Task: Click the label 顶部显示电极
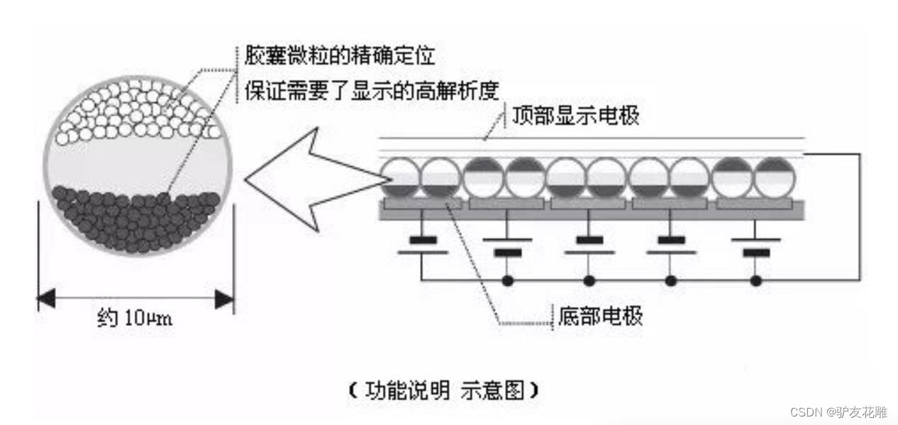click(575, 116)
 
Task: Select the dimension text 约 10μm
click(134, 317)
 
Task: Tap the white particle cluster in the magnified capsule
click(138, 110)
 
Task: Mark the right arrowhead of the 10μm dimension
click(225, 299)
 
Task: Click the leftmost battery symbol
click(423, 245)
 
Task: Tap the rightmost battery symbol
click(756, 245)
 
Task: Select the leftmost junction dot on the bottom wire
click(506, 280)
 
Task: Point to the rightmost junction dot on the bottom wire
click(756, 280)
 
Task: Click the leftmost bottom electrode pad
click(422, 204)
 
